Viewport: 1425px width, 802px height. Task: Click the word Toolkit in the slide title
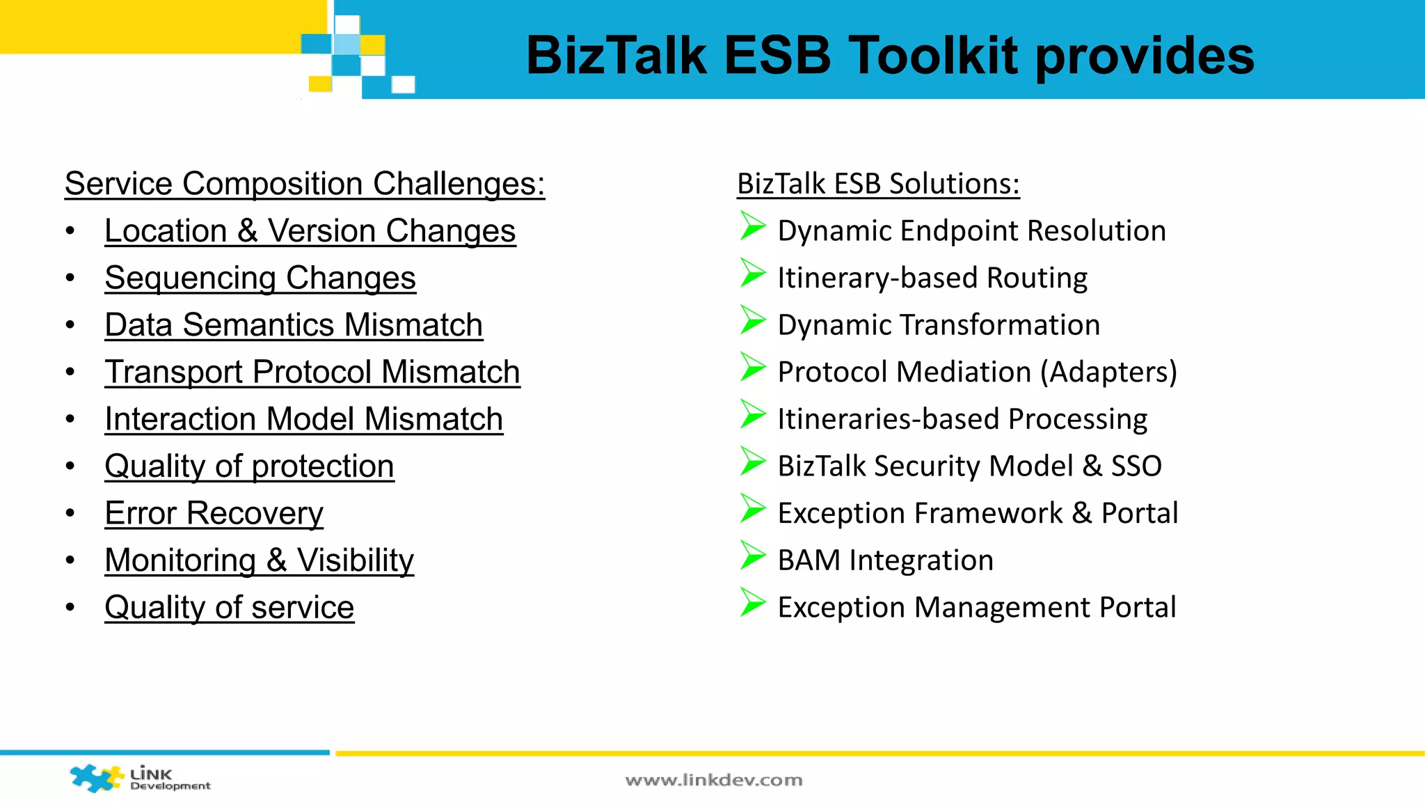[935, 56]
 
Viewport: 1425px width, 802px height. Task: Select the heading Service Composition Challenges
[305, 184]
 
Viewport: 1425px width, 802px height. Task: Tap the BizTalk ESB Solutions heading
[878, 184]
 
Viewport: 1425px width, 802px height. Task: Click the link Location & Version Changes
[310, 231]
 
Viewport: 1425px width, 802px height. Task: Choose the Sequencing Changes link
[260, 278]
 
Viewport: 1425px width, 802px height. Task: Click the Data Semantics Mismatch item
[294, 325]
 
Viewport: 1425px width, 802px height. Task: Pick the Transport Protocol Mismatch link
[312, 372]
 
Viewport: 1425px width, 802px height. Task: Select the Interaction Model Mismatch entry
[303, 419]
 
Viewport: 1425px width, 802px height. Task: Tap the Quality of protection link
[249, 466]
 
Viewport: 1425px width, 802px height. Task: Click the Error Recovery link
[214, 513]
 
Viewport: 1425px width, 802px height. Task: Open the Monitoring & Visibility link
[259, 560]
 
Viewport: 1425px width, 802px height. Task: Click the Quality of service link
[229, 607]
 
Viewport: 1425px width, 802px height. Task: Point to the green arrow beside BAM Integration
[752, 556]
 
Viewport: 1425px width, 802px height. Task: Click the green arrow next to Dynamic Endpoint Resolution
[752, 226]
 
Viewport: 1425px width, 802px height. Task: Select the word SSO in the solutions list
[1136, 466]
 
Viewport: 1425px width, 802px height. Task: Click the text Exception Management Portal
[976, 607]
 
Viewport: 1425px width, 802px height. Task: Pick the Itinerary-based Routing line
[932, 278]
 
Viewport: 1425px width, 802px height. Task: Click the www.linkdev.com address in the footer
[713, 780]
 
